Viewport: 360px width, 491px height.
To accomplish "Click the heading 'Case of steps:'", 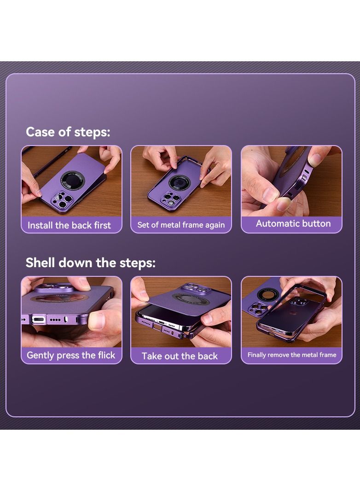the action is coord(68,132).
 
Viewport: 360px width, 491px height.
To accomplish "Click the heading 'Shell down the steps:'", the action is coord(91,263).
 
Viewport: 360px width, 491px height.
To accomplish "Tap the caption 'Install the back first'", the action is coord(69,225).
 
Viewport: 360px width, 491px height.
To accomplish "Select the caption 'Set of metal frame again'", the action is coord(181,225).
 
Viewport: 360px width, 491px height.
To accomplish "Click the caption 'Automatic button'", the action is coord(293,223).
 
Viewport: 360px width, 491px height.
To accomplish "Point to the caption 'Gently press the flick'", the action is coord(71,356).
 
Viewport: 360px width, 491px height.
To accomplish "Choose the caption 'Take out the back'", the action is coord(180,356).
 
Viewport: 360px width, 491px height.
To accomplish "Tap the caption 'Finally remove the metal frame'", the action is coord(292,355).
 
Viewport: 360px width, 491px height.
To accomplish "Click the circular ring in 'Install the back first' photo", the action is coord(72,180).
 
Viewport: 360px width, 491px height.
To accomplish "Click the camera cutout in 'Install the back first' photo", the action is coord(62,199).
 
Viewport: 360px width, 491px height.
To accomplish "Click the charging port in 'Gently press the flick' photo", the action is coord(39,320).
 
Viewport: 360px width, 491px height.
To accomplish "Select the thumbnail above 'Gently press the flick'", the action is coord(71,312).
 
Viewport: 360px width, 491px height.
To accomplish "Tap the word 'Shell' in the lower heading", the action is coord(41,263).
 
